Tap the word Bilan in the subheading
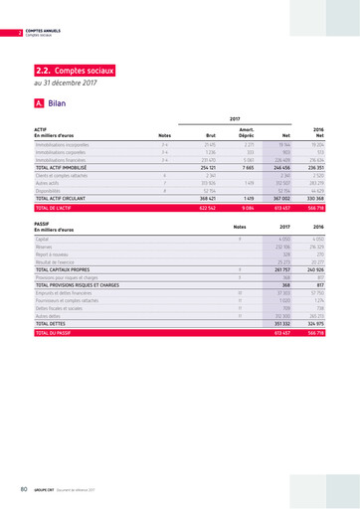(x=57, y=102)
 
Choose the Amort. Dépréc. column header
(x=248, y=130)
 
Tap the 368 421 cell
(x=209, y=198)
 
